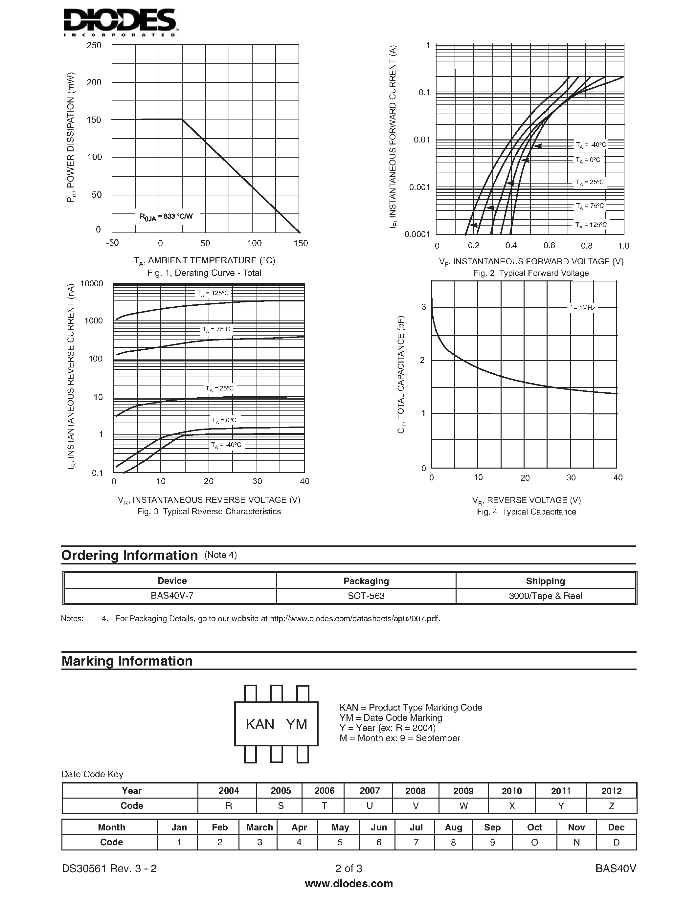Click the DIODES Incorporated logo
point(120,23)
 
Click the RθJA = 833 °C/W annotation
point(166,217)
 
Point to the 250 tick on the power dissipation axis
point(94,45)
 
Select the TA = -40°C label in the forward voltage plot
point(591,145)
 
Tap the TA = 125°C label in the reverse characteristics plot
point(213,294)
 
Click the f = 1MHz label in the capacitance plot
point(582,308)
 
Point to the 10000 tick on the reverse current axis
point(91,284)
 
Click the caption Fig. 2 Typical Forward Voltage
point(531,273)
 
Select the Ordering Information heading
point(129,555)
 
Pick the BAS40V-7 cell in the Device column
point(172,596)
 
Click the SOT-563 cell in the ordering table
point(366,596)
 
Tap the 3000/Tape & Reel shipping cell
point(545,596)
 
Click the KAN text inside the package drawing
point(260,724)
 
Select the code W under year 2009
point(463,806)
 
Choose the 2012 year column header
point(611,791)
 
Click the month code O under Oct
point(534,842)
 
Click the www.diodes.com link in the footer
point(349,884)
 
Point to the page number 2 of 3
point(349,868)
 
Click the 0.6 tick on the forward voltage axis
point(549,246)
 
